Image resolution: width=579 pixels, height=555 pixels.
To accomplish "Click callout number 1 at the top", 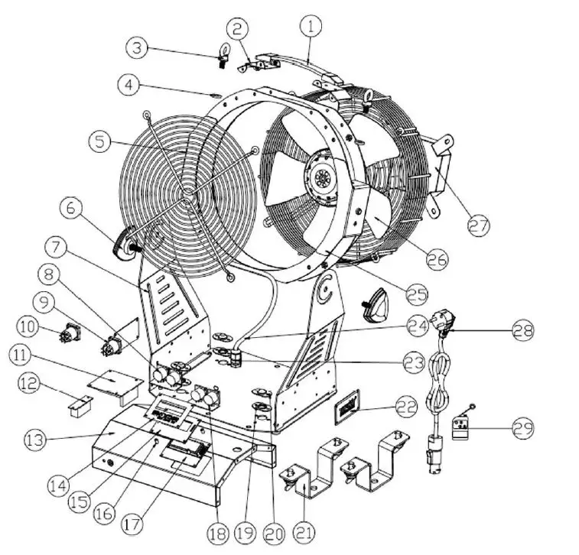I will tap(311, 28).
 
